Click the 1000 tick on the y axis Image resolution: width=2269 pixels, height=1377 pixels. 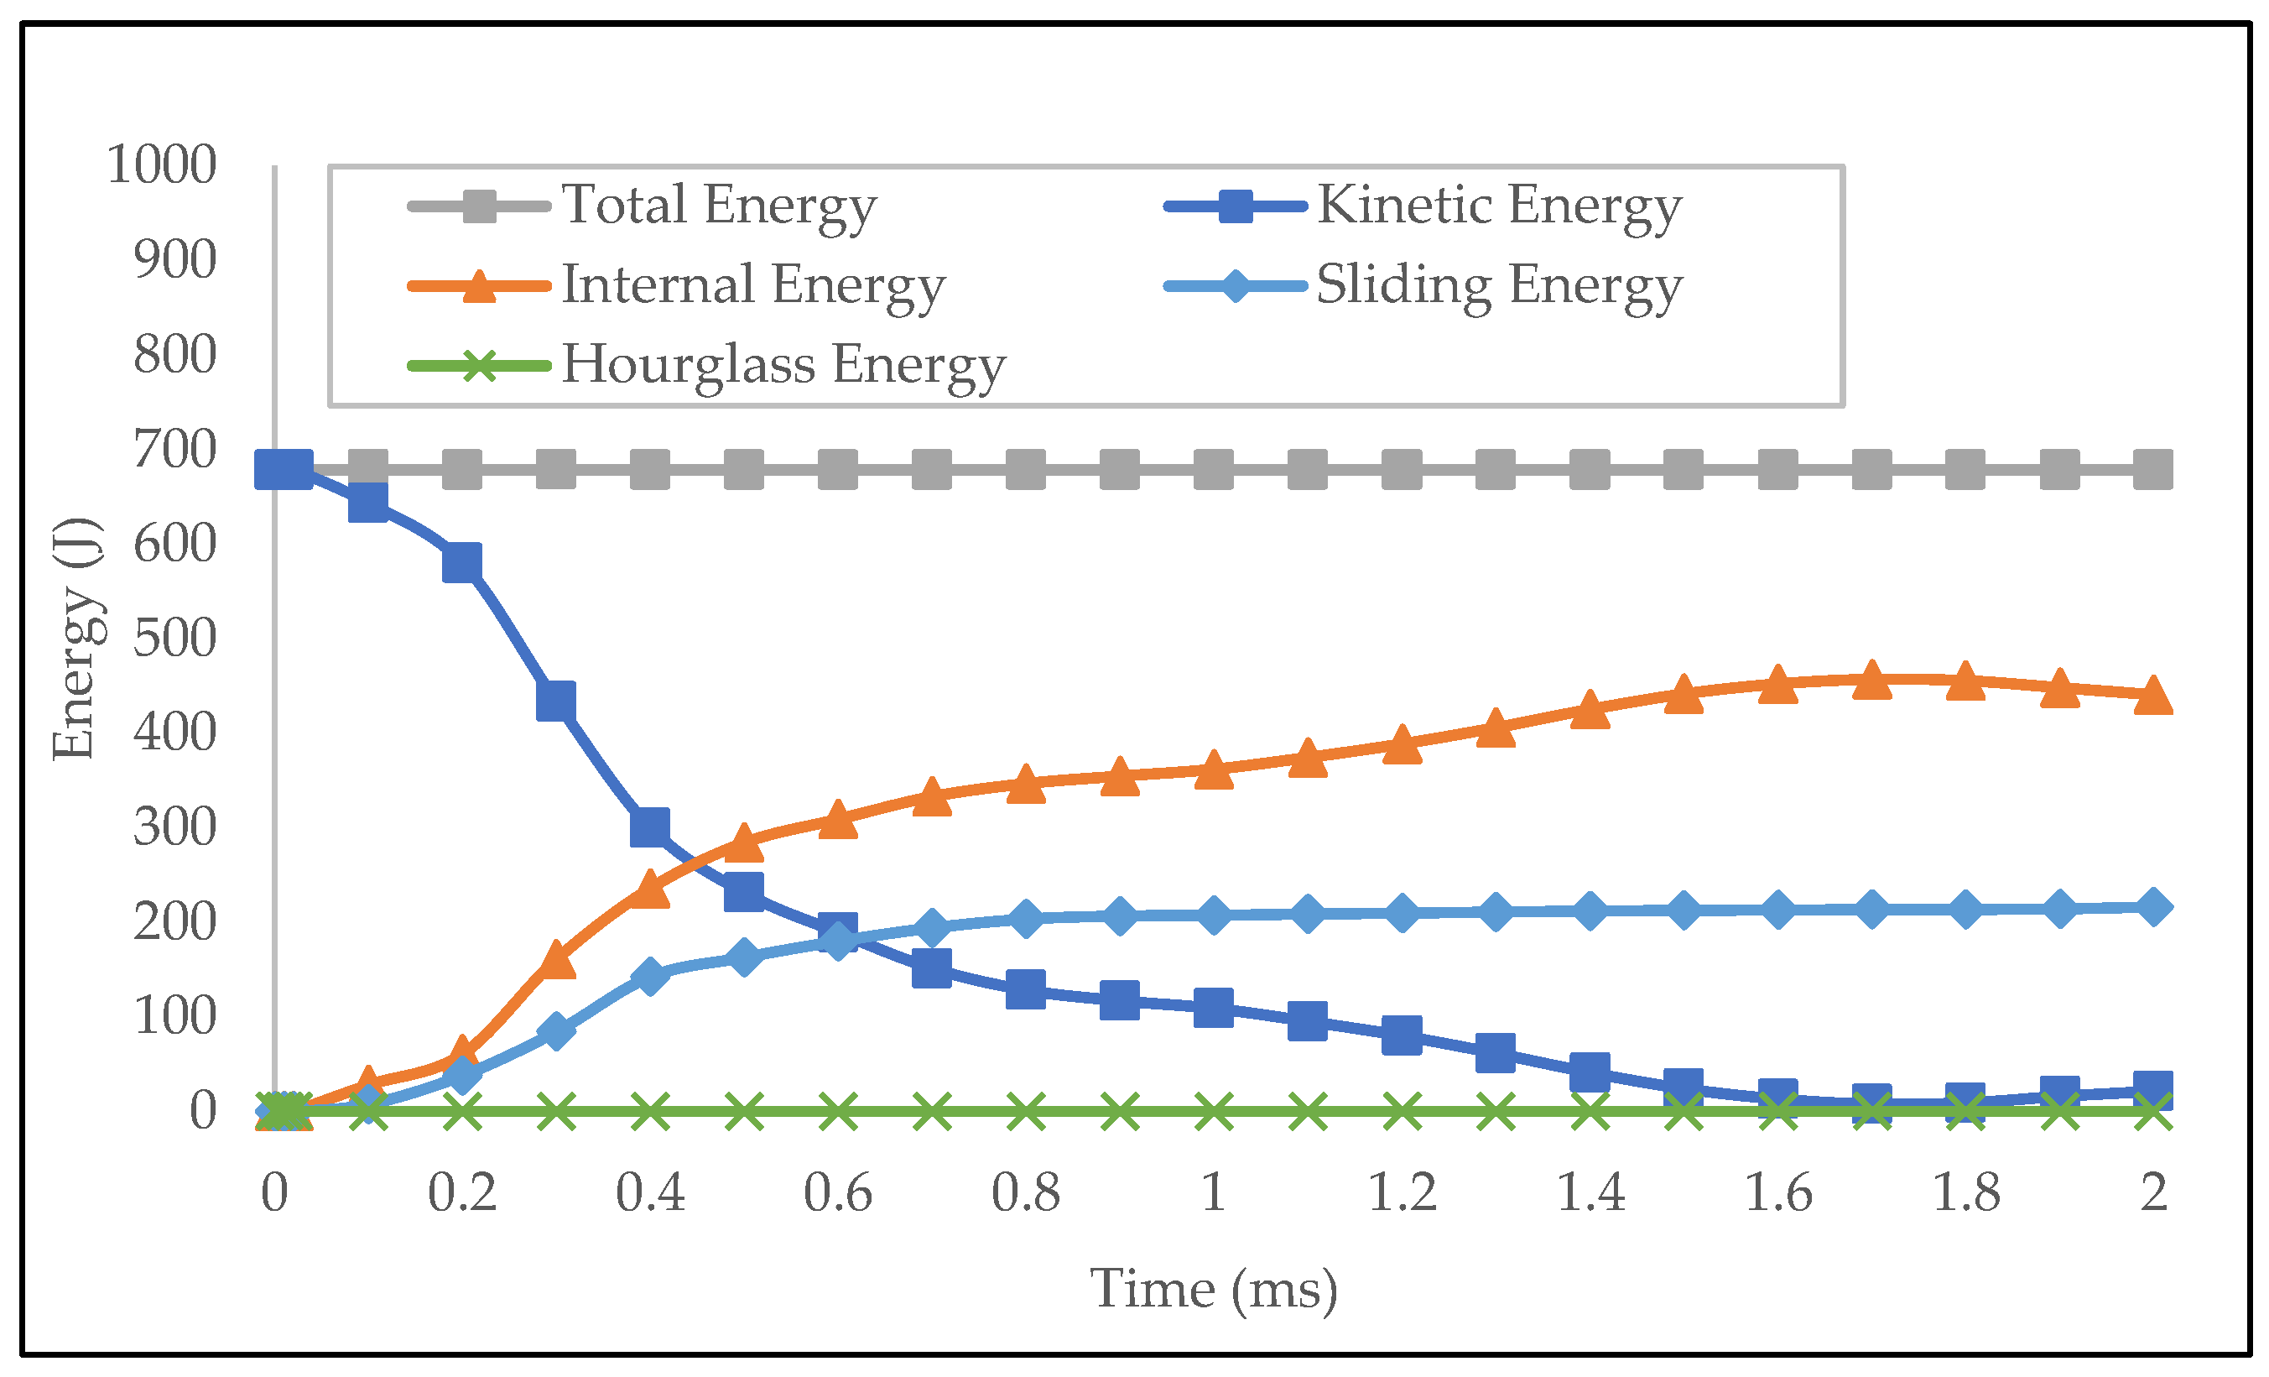(x=162, y=166)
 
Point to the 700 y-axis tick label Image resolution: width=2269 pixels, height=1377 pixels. (x=175, y=451)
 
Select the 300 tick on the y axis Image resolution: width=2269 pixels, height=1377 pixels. (x=175, y=827)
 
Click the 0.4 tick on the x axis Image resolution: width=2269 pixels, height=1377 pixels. (x=650, y=1192)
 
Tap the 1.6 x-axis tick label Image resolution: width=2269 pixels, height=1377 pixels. (x=1778, y=1192)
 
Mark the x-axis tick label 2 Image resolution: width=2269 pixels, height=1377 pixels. (x=2154, y=1192)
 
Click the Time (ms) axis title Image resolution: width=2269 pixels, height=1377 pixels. (x=1214, y=1289)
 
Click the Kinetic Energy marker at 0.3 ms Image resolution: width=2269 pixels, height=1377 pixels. (x=556, y=701)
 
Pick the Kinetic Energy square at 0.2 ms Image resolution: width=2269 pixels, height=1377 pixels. (x=462, y=562)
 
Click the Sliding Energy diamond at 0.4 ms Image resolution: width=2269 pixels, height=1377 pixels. (x=650, y=975)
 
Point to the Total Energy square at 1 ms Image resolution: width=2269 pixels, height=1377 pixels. (x=1214, y=470)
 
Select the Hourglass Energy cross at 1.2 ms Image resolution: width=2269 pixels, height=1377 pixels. (x=1402, y=1112)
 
